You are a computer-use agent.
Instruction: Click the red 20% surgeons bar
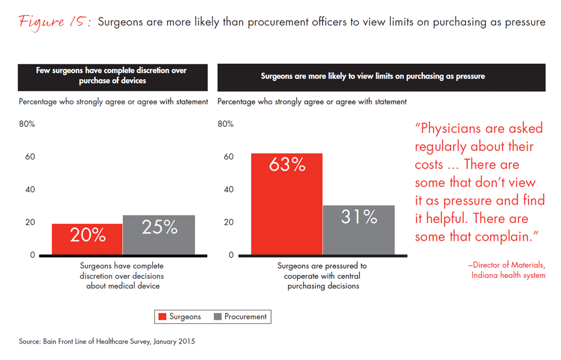(x=87, y=240)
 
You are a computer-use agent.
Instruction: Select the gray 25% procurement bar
(x=159, y=235)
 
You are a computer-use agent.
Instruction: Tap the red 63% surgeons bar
(x=287, y=204)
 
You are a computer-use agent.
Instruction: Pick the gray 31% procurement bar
(x=358, y=230)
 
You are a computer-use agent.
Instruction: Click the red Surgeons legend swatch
(x=162, y=317)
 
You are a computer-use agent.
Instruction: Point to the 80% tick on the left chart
(x=27, y=124)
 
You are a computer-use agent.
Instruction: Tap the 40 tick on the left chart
(x=30, y=189)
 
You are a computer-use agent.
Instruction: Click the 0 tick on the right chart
(x=231, y=256)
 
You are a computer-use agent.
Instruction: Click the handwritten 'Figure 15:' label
(x=54, y=22)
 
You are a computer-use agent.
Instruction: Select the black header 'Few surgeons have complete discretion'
(x=112, y=76)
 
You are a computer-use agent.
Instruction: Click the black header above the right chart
(x=381, y=76)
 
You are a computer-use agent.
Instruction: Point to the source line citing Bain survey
(x=107, y=341)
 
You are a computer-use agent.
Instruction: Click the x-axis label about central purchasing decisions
(x=323, y=276)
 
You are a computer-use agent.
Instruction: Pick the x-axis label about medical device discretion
(x=122, y=276)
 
